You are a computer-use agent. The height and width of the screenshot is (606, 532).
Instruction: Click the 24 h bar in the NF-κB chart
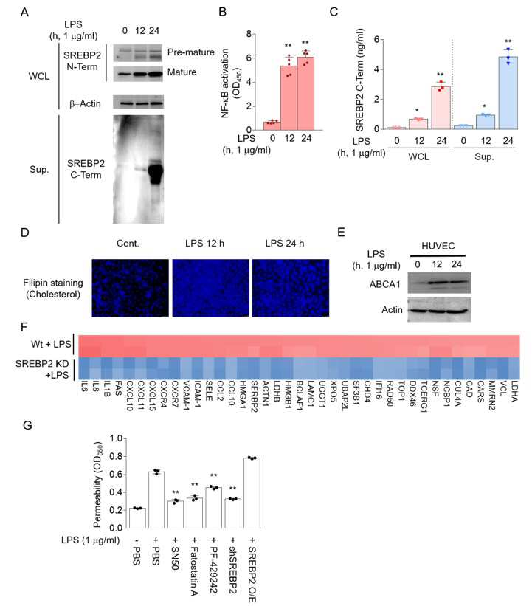[x=305, y=94]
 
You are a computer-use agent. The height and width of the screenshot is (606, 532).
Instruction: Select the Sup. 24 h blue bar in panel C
[x=508, y=93]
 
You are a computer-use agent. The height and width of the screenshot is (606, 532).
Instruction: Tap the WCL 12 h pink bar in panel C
[x=418, y=124]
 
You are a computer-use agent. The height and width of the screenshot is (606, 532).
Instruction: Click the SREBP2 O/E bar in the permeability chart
[x=252, y=493]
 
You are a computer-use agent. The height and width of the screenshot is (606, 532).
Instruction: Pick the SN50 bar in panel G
[x=176, y=514]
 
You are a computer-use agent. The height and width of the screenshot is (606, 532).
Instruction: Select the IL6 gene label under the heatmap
[x=84, y=388]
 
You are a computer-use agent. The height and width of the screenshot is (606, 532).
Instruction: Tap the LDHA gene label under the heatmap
[x=514, y=391]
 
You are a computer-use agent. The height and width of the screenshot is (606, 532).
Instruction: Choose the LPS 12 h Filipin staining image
[x=210, y=288]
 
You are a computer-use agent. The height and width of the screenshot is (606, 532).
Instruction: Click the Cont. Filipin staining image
[x=130, y=288]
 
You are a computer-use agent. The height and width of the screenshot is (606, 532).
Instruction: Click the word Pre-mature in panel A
[x=191, y=52]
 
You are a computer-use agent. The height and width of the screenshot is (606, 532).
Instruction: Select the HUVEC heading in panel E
[x=438, y=246]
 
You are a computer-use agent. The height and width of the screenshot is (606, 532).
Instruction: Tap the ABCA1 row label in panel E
[x=385, y=284]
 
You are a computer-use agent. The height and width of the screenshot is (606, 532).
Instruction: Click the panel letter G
[x=27, y=425]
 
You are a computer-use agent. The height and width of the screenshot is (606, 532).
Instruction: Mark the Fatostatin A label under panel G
[x=194, y=571]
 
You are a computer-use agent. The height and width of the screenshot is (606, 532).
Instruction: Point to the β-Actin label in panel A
[x=85, y=103]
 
